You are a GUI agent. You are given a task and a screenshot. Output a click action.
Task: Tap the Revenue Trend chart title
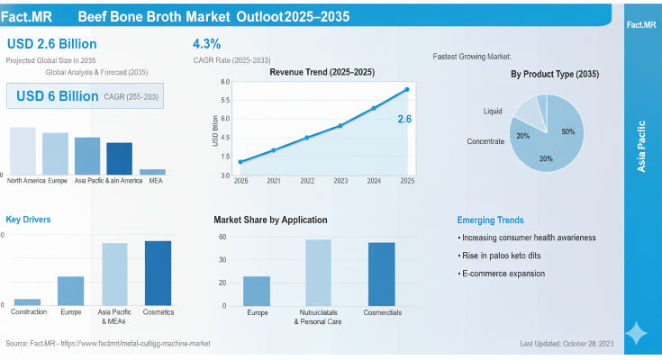click(x=309, y=72)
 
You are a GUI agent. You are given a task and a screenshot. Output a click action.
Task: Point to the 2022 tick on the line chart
click(x=307, y=181)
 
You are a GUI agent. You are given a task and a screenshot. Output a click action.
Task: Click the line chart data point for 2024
click(x=374, y=108)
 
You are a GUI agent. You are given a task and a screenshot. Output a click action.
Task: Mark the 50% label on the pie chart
click(x=568, y=131)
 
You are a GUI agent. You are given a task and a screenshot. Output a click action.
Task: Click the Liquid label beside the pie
click(x=494, y=112)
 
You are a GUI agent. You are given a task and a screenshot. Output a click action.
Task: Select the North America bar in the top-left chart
click(x=23, y=150)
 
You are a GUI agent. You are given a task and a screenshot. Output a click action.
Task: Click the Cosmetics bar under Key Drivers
click(x=158, y=273)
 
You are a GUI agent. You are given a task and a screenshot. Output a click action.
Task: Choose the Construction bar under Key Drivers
click(x=27, y=301)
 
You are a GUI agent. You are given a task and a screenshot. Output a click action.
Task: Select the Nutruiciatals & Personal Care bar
click(x=318, y=272)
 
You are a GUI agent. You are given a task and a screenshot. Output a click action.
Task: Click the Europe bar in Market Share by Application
click(x=257, y=291)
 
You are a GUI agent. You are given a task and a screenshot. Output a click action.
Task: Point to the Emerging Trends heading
click(x=490, y=220)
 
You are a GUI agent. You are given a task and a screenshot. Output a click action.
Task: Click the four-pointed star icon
click(x=637, y=333)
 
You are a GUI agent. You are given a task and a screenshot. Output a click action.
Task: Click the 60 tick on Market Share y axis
click(x=222, y=237)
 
